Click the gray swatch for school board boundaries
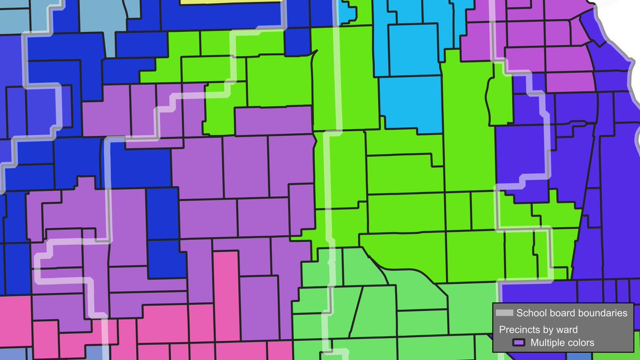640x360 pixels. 504,313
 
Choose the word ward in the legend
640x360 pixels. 567,330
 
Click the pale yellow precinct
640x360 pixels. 229,2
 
